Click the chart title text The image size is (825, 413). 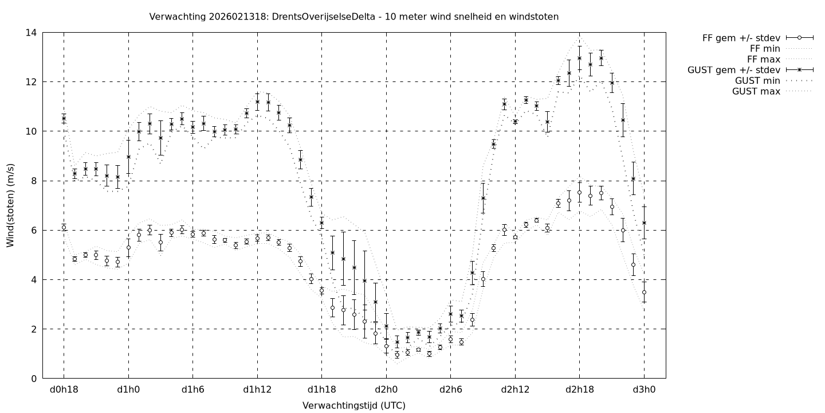pyautogui.click(x=353, y=17)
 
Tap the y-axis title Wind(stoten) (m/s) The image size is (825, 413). pyautogui.click(x=10, y=205)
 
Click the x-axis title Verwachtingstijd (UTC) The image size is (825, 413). pyautogui.click(x=353, y=406)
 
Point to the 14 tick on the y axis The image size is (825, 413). pyautogui.click(x=32, y=33)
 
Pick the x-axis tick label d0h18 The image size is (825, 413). pyautogui.click(x=64, y=391)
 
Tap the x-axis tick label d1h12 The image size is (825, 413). pyautogui.click(x=257, y=391)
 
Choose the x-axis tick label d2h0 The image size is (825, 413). pyautogui.click(x=386, y=391)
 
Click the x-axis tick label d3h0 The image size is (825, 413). pyautogui.click(x=644, y=391)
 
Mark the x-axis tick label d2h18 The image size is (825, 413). pyautogui.click(x=579, y=391)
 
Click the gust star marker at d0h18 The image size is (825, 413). pyautogui.click(x=64, y=118)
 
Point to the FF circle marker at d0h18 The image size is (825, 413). pyautogui.click(x=64, y=228)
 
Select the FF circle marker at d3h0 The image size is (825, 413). pyautogui.click(x=644, y=293)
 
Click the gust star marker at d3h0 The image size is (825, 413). pyautogui.click(x=644, y=223)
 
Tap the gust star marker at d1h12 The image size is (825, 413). pyautogui.click(x=257, y=102)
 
